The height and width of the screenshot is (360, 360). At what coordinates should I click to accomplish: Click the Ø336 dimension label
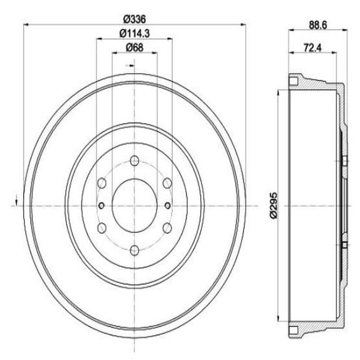pyautogui.click(x=134, y=19)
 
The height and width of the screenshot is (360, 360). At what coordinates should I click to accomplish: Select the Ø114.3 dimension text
pyautogui.click(x=134, y=33)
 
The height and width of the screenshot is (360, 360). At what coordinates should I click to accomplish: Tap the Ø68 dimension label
pyautogui.click(x=134, y=47)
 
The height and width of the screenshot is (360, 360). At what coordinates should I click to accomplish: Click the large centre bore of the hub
pyautogui.click(x=134, y=205)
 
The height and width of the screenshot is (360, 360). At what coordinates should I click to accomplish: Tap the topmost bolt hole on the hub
pyautogui.click(x=134, y=161)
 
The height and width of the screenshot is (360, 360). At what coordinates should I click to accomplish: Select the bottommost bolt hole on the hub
pyautogui.click(x=134, y=250)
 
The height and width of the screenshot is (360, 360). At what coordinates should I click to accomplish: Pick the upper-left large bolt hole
pyautogui.click(x=102, y=183)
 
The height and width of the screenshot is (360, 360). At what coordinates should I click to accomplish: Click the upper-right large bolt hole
pyautogui.click(x=167, y=183)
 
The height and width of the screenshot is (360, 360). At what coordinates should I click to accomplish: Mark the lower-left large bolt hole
pyautogui.click(x=102, y=228)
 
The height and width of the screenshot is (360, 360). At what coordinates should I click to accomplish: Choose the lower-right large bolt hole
pyautogui.click(x=167, y=228)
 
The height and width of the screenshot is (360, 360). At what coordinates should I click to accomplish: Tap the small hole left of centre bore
pyautogui.click(x=101, y=206)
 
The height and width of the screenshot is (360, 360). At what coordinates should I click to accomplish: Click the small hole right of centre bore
pyautogui.click(x=167, y=206)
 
